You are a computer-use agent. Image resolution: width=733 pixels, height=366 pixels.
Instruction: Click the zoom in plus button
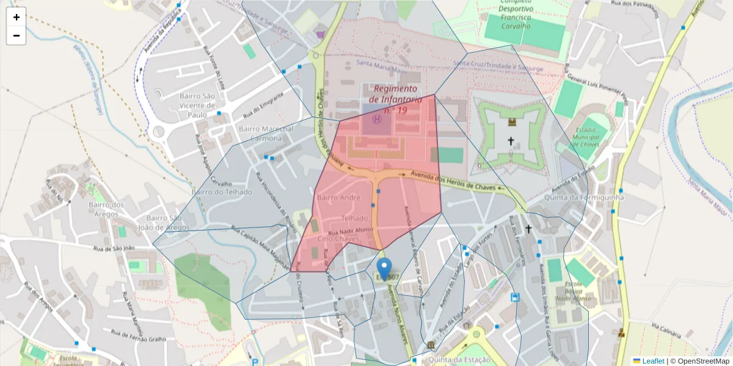16,17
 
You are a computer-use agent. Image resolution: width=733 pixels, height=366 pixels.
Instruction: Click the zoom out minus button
16,35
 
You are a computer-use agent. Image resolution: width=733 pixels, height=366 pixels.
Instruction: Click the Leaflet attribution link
653,361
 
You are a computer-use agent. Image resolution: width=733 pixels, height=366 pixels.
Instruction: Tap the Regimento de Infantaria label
396,99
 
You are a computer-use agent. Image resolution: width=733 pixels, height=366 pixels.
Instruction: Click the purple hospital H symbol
377,120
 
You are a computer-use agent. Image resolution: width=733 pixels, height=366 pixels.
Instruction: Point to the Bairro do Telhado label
222,192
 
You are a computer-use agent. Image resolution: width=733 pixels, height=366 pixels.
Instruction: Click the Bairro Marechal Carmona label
261,134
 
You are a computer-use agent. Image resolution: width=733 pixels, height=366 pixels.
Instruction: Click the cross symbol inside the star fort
511,142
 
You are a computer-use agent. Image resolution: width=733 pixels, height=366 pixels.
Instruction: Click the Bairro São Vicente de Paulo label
197,105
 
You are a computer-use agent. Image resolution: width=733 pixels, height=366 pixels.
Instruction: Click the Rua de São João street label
114,248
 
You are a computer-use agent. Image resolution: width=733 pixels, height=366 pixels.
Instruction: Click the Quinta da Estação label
459,360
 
